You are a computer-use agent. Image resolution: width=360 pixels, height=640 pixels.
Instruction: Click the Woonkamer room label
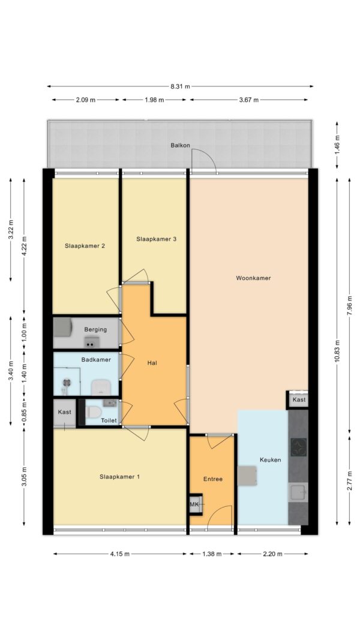pyautogui.click(x=253, y=278)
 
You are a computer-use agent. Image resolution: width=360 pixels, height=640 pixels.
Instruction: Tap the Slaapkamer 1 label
pyautogui.click(x=119, y=476)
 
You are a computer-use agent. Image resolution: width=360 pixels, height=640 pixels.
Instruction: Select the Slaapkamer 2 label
pyautogui.click(x=85, y=246)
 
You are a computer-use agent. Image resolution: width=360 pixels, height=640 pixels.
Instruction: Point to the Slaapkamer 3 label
pyautogui.click(x=157, y=239)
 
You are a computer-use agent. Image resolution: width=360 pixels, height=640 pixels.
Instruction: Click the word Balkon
pyautogui.click(x=181, y=145)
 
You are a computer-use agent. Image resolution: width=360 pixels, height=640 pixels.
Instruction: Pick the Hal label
pyautogui.click(x=152, y=362)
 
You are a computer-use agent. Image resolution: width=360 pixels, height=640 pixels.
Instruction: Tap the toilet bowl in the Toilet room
pyautogui.click(x=94, y=412)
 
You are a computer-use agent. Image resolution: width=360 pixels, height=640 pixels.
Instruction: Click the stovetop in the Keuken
pyautogui.click(x=298, y=447)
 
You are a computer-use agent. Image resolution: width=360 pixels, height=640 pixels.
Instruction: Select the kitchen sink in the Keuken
pyautogui.click(x=298, y=492)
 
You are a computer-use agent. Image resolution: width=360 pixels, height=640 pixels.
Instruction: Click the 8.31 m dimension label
pyautogui.click(x=181, y=86)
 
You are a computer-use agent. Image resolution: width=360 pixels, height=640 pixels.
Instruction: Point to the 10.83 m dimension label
pyautogui.click(x=337, y=351)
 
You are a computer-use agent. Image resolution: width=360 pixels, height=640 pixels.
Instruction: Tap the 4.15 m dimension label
pyautogui.click(x=120, y=554)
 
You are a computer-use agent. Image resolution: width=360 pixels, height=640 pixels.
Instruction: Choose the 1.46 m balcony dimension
pyautogui.click(x=337, y=144)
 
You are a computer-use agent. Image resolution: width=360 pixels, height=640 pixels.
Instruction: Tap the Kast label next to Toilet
pyautogui.click(x=64, y=412)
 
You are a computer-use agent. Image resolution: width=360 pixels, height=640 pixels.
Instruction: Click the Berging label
pyautogui.click(x=95, y=329)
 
